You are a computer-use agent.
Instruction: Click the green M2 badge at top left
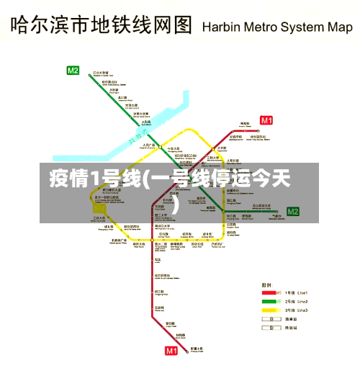tap(73, 71)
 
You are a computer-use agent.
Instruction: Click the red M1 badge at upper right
tap(266, 120)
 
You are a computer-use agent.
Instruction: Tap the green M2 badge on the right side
tap(292, 211)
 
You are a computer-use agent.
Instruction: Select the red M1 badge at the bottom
tap(171, 351)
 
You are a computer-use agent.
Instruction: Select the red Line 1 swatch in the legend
tap(269, 292)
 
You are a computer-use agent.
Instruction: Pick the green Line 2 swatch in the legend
tap(269, 301)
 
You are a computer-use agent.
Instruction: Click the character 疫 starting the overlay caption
tap(60, 179)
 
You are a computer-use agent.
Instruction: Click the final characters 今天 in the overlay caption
tap(272, 179)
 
